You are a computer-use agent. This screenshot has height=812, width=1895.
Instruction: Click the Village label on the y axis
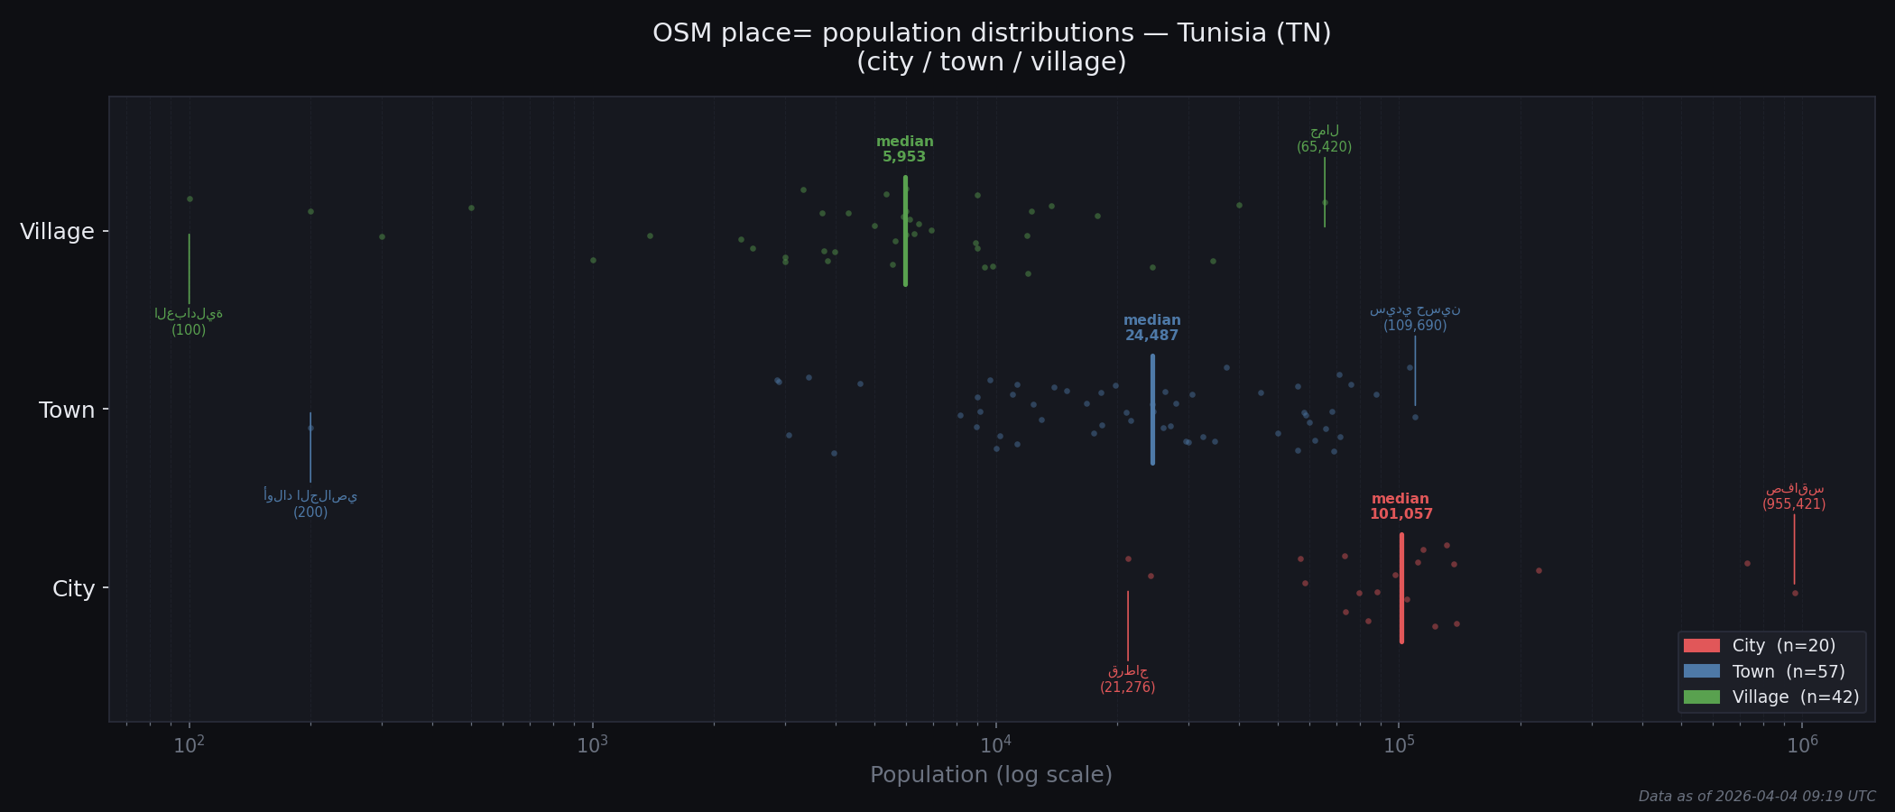pyautogui.click(x=57, y=232)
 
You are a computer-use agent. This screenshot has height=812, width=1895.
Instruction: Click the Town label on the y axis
pyautogui.click(x=66, y=411)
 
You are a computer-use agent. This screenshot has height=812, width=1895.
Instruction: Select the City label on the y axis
pyautogui.click(x=73, y=589)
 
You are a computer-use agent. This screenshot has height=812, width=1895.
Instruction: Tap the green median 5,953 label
pyautogui.click(x=904, y=150)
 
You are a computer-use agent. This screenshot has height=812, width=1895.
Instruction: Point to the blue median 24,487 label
pyautogui.click(x=1151, y=328)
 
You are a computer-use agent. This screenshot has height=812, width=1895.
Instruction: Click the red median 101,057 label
pyautogui.click(x=1400, y=507)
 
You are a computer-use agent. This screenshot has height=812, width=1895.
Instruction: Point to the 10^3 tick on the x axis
pyautogui.click(x=592, y=745)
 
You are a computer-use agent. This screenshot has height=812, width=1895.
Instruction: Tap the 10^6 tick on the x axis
pyautogui.click(x=1801, y=745)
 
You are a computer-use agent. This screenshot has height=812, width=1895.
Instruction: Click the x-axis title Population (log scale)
pyautogui.click(x=991, y=775)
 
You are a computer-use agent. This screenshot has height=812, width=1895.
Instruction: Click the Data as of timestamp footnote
pyautogui.click(x=1756, y=797)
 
